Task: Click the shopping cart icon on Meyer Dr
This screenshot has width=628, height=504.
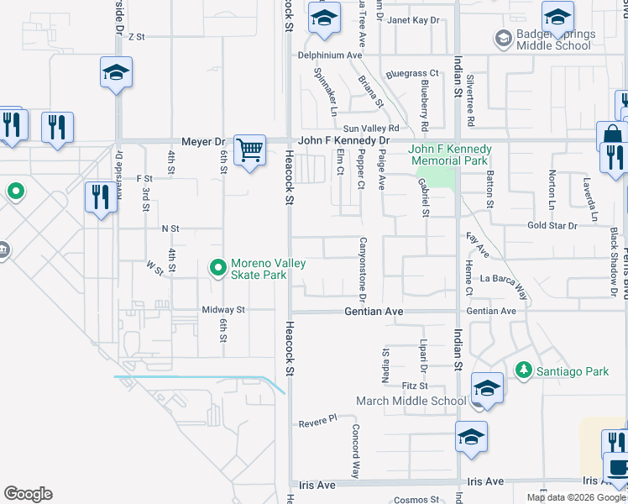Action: tap(249, 150)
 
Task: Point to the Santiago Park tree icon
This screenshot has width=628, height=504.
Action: tap(523, 370)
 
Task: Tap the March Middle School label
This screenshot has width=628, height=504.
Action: tap(411, 401)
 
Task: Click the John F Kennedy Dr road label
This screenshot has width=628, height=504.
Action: tap(345, 140)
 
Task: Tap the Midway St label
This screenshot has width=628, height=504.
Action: tap(222, 310)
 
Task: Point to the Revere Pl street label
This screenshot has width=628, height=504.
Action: tap(317, 419)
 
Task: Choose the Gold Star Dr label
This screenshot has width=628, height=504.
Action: tap(552, 226)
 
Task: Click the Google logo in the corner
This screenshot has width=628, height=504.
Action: tap(28, 494)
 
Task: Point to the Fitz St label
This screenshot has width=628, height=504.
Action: tap(415, 386)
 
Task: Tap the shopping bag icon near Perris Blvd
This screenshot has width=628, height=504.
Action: tap(612, 135)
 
